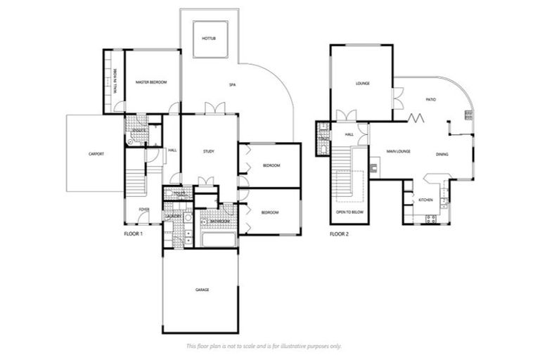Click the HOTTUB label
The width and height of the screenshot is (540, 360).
pos(207,37)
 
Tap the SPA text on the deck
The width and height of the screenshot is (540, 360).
pos(232,85)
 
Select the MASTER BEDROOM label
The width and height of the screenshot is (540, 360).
pos(150,83)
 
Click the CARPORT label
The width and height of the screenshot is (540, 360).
pos(96,153)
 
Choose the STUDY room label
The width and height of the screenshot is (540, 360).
pos(208,151)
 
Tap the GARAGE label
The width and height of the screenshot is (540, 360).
pos(202,290)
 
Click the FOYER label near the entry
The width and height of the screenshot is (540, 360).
pos(143,209)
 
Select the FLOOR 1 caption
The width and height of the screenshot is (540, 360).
pos(132,233)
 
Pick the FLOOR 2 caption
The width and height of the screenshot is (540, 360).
pos(339,233)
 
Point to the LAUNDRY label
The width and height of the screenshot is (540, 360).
pos(173,215)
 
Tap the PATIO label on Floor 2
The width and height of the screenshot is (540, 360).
pos(430,101)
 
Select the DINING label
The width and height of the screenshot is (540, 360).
pos(442,154)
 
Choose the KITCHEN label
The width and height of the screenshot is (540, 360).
pos(426,200)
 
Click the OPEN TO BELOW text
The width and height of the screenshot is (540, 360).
pos(349,212)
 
